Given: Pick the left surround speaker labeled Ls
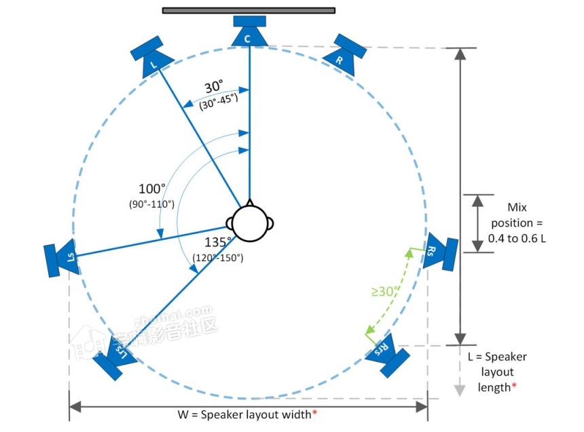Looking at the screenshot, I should [62, 258].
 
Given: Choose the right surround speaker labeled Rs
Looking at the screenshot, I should [438, 251].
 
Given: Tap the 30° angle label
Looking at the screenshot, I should [213, 87].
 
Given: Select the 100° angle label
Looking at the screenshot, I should [151, 188].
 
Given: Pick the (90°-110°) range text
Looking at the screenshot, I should [151, 203].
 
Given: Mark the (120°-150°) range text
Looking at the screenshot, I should [219, 258].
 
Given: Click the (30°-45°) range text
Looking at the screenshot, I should [219, 100].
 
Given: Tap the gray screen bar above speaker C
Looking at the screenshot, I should [249, 10].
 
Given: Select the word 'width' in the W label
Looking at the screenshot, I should [293, 414].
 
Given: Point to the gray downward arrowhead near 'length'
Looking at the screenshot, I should [460, 390].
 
